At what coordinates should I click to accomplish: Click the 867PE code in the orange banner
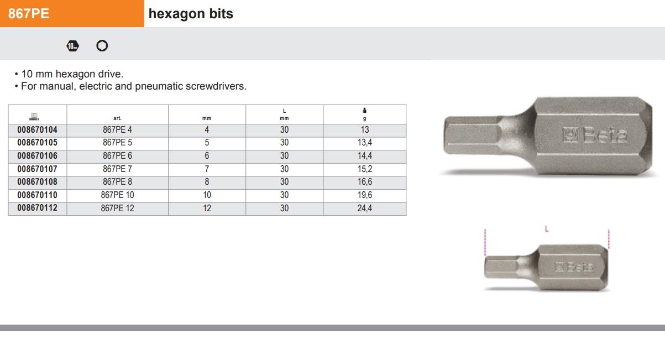tap(29, 14)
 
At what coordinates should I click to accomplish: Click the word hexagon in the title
tap(177, 14)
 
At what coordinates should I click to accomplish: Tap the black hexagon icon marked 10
tap(73, 46)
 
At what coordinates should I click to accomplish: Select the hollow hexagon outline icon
tap(102, 46)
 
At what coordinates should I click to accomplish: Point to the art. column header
tap(117, 118)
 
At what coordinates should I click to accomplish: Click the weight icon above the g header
tap(365, 111)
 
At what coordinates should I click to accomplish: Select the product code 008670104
tap(37, 130)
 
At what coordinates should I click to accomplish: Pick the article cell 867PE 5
tap(117, 143)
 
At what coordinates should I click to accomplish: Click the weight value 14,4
tap(365, 155)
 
